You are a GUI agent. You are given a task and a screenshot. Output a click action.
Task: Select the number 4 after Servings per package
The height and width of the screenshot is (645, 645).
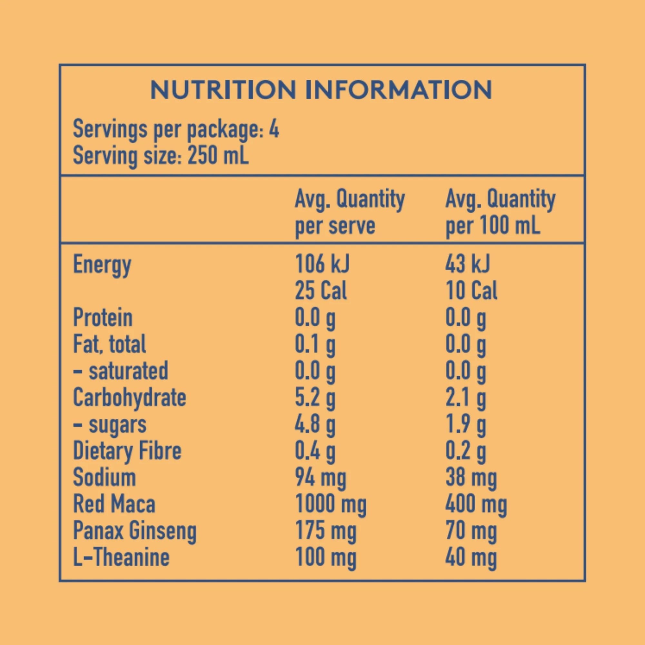[x=274, y=129]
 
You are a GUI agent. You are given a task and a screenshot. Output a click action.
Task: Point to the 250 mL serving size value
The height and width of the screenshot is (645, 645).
[x=218, y=155]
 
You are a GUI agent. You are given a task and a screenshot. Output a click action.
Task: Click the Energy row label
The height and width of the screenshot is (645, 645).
[x=102, y=265]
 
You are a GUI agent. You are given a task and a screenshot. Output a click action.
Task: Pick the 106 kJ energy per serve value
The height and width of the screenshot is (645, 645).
[x=322, y=263]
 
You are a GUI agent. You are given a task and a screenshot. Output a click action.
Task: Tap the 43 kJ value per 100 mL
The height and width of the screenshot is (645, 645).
[x=467, y=263]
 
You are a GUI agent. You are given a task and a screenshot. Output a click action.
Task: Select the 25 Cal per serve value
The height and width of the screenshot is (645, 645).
[x=321, y=290]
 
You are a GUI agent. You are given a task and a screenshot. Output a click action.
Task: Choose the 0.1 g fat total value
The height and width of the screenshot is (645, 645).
[x=315, y=344]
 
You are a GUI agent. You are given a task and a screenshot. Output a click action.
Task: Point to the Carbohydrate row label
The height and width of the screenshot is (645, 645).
[x=130, y=398]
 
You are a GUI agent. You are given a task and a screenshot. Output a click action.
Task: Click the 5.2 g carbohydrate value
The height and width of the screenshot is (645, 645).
[x=315, y=398]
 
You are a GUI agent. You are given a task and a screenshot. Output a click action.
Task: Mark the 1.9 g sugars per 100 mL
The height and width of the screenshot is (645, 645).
[x=465, y=425]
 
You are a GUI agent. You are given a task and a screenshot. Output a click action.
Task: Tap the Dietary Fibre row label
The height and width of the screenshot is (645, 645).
[x=127, y=451]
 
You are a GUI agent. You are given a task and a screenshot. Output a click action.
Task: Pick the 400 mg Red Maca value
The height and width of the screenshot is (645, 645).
[x=476, y=504]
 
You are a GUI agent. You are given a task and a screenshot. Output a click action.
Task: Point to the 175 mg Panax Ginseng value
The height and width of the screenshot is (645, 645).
[x=326, y=531]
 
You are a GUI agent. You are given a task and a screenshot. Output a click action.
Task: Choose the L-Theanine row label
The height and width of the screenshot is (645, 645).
[x=121, y=557]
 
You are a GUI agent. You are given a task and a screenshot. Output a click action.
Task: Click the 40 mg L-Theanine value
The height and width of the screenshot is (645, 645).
[x=471, y=558]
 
